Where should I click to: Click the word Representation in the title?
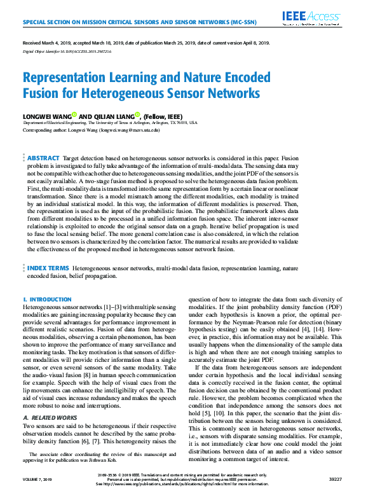71,78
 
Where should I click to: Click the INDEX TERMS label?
48,269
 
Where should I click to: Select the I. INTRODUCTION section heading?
47,299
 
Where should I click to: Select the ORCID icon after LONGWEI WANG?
74,114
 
